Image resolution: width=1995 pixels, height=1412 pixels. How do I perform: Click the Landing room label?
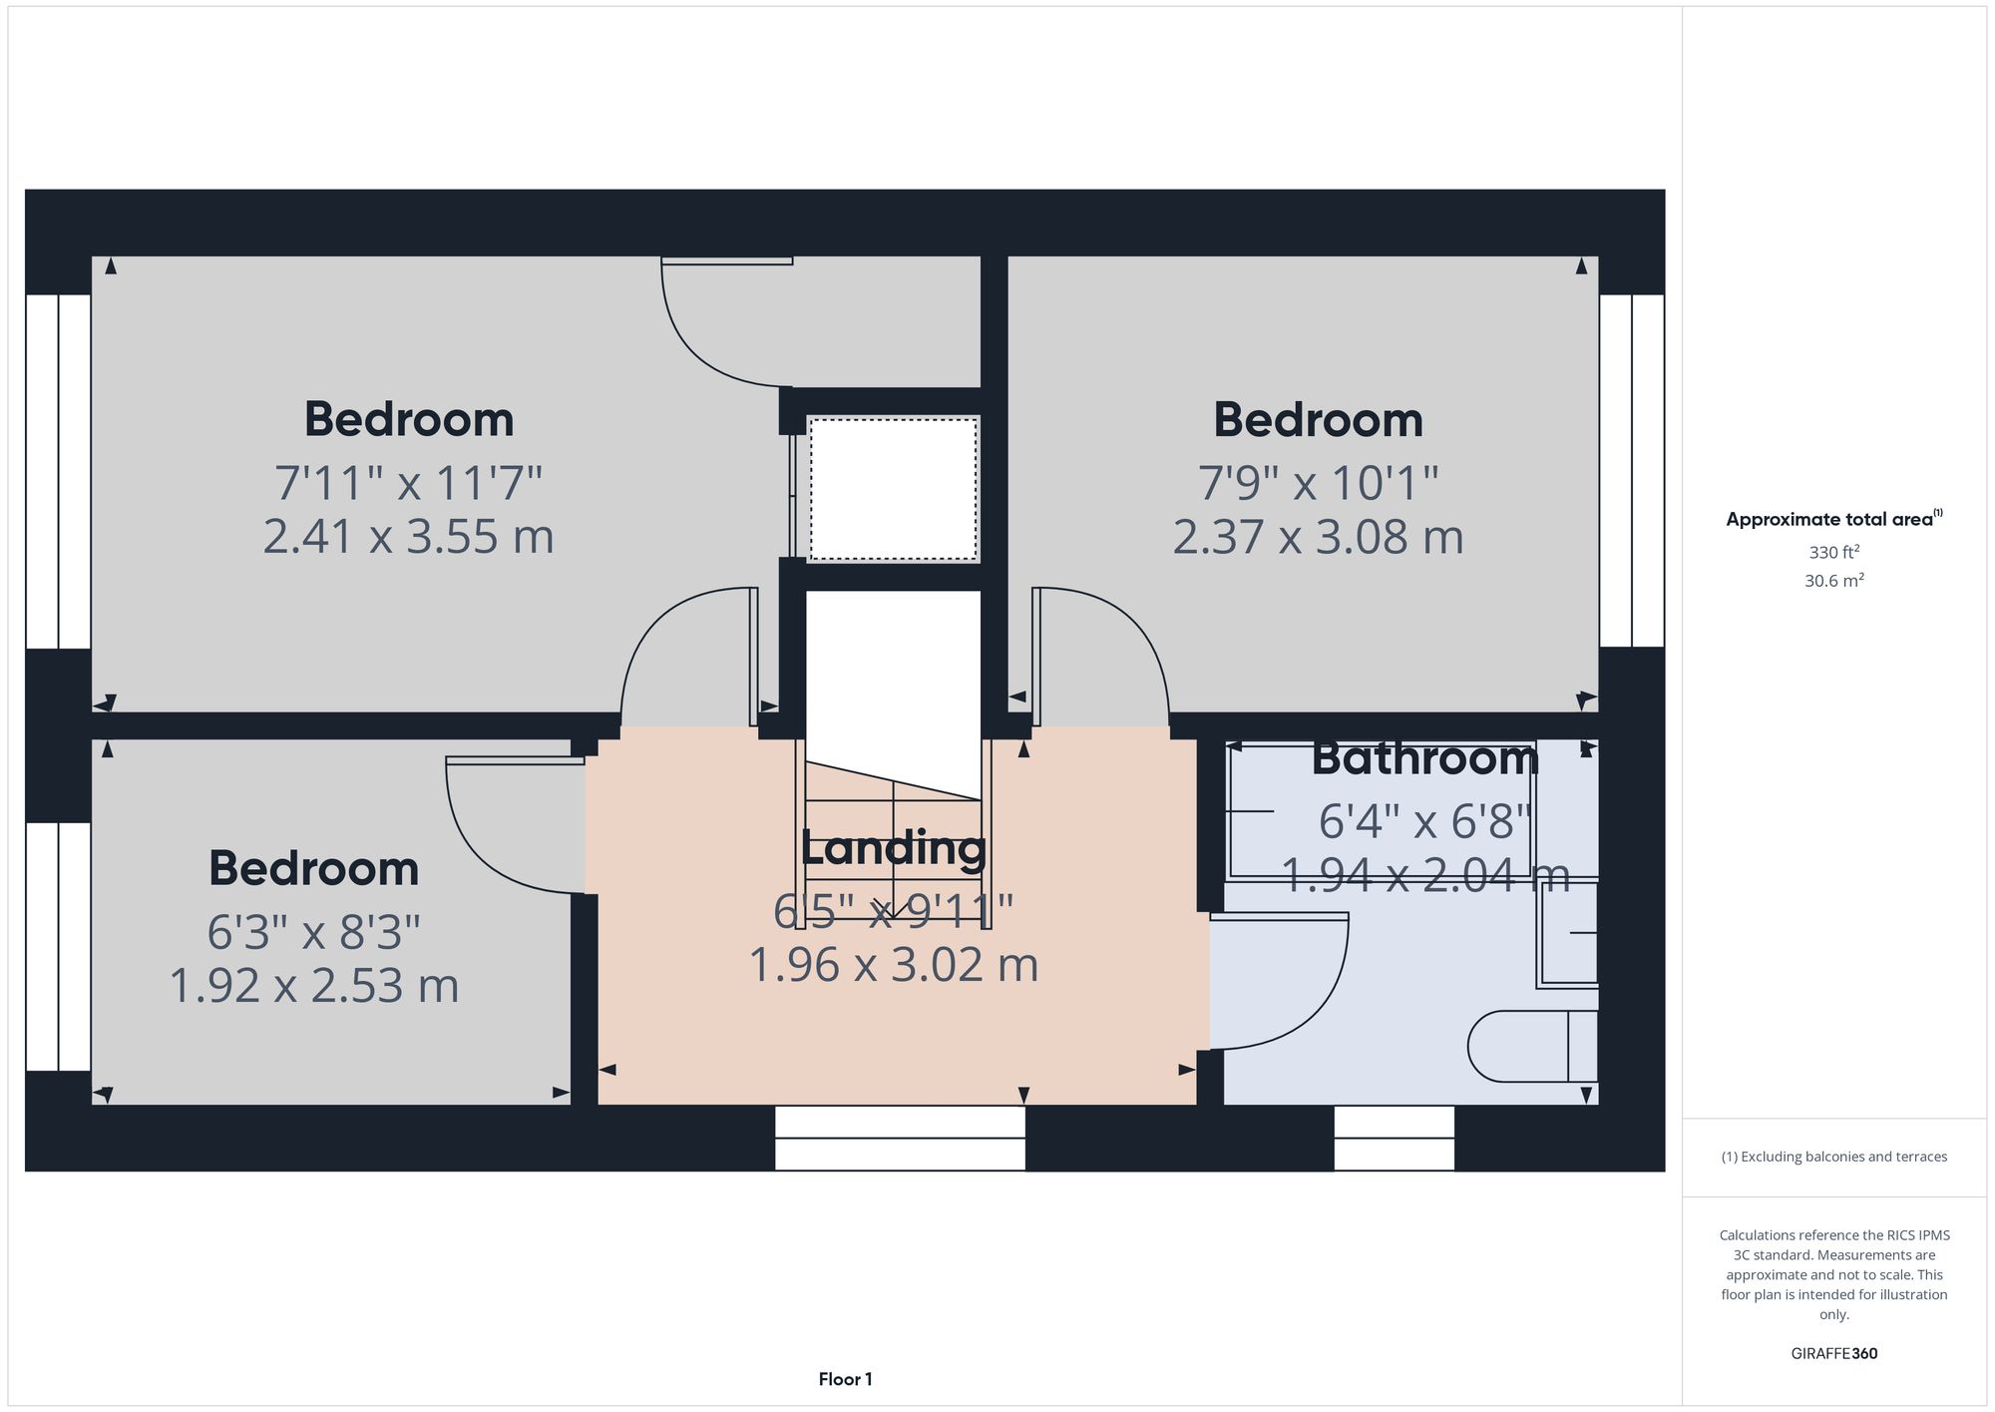[893, 848]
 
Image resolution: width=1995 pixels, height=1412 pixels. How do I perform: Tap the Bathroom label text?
[1424, 758]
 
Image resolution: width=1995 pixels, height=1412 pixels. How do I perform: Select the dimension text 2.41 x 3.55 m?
[408, 537]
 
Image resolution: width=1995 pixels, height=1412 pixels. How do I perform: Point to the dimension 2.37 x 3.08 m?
[1318, 537]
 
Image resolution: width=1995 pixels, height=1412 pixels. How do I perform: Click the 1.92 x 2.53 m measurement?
[314, 986]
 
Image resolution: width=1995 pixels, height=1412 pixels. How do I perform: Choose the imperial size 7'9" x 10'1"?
[1318, 483]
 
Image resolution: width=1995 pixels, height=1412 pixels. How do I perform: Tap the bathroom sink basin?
[1569, 933]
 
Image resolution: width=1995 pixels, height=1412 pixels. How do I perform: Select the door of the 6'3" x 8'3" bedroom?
[499, 828]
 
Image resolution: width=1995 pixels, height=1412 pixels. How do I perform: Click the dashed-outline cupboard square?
[893, 489]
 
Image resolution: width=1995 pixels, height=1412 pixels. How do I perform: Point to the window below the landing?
[900, 1138]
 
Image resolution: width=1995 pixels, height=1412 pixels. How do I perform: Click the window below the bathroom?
[1394, 1138]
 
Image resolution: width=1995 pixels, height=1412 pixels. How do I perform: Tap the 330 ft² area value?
[1833, 552]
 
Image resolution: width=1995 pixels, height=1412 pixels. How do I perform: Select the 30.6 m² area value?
[1833, 581]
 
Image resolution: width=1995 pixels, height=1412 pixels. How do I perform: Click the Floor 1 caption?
[845, 1379]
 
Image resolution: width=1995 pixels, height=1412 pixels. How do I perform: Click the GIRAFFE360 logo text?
[1833, 1354]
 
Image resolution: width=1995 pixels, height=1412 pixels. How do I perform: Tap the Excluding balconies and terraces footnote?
[1833, 1157]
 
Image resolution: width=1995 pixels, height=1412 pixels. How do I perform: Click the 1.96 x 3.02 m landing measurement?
[893, 965]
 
